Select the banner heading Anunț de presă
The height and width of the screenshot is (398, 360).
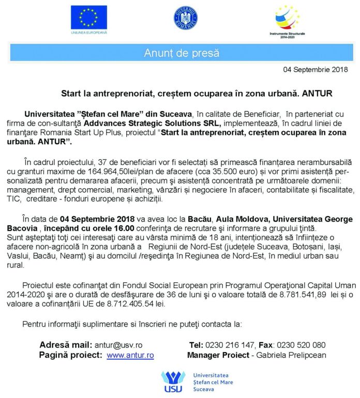(181, 53)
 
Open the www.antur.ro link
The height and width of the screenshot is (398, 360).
(130, 355)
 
